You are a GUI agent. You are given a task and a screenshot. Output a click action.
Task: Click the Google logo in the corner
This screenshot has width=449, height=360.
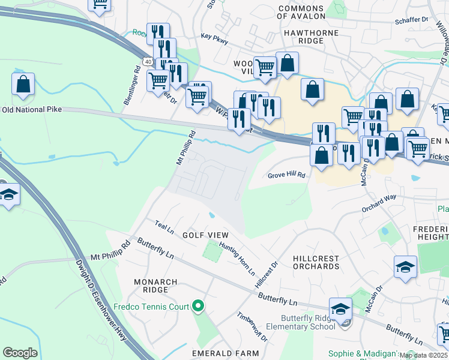coord(20,353)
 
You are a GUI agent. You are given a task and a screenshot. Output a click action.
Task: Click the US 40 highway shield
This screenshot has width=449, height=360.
coord(148,61)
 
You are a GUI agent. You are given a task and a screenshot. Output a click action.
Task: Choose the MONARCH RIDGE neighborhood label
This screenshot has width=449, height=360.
coord(155,286)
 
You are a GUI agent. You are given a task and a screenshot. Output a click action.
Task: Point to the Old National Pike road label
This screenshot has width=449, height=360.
coord(32,110)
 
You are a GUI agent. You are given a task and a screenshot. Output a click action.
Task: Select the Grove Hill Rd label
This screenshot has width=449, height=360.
coord(287,175)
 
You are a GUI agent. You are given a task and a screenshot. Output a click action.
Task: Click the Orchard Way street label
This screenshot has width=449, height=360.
coord(379,203)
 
